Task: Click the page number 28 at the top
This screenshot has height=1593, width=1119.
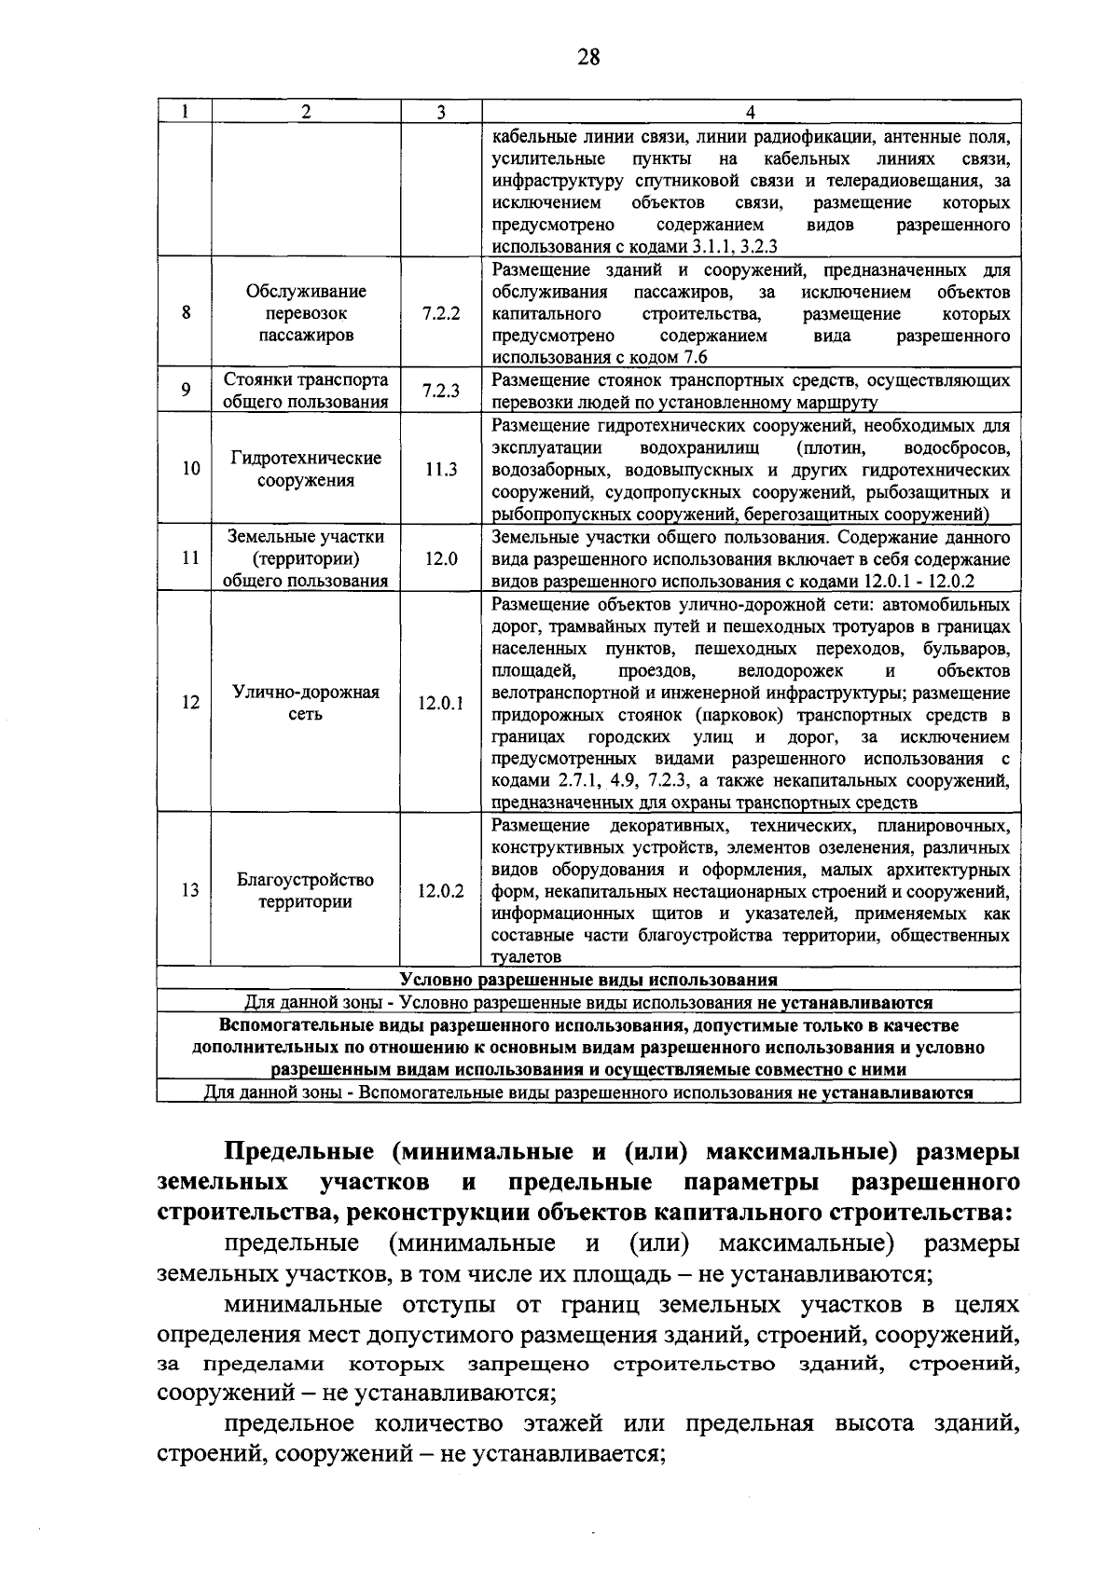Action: (588, 58)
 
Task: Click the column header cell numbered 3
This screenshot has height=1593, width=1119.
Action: (440, 112)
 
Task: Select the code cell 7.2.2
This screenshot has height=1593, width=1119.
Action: (440, 314)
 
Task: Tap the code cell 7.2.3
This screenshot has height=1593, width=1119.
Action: (440, 391)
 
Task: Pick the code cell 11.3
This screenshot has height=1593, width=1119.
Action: (440, 470)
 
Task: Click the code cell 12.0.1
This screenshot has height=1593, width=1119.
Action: (440, 704)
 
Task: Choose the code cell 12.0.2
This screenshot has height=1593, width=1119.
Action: (440, 891)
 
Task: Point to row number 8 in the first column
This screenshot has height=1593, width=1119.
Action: (186, 314)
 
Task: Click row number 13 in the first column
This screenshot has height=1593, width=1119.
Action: (189, 891)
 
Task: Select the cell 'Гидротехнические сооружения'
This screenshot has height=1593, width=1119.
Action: (306, 470)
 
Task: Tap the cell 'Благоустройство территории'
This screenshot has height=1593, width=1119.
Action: (306, 891)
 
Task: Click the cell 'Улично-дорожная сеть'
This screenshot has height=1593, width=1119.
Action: (306, 704)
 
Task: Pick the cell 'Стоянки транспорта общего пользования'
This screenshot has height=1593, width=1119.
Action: (306, 391)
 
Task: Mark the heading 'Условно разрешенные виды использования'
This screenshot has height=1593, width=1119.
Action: (588, 980)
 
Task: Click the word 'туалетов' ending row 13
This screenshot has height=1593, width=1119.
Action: (526, 957)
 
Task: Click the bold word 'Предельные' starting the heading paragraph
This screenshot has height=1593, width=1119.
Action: (301, 1152)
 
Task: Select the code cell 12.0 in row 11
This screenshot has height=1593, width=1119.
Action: (440, 559)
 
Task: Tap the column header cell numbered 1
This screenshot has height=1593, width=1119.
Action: (185, 112)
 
